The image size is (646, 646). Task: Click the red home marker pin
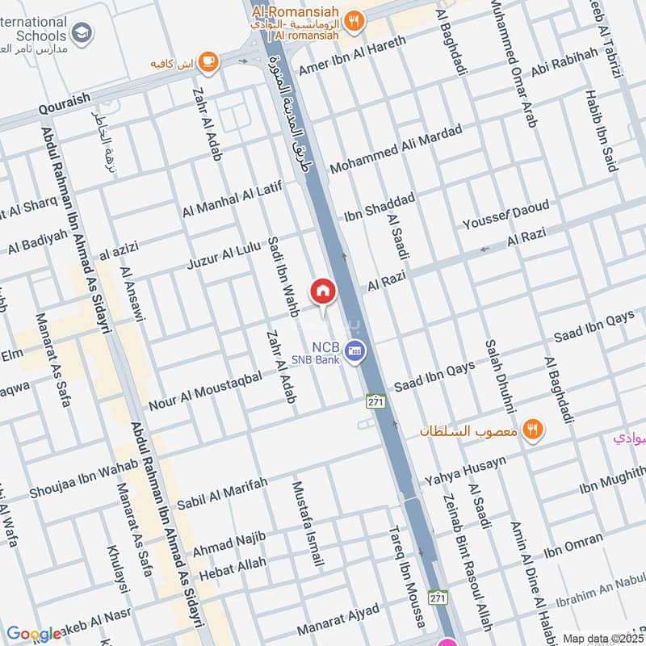(322, 290)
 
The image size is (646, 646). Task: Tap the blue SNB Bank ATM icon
(354, 351)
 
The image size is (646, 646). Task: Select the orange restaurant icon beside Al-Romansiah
(353, 21)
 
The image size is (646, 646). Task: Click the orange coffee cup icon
(208, 61)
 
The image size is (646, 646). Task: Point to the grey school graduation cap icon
(82, 34)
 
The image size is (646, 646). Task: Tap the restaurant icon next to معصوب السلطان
(531, 429)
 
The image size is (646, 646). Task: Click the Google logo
(34, 633)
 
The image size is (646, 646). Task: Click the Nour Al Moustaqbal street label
(205, 389)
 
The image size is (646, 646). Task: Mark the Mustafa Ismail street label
(308, 523)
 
